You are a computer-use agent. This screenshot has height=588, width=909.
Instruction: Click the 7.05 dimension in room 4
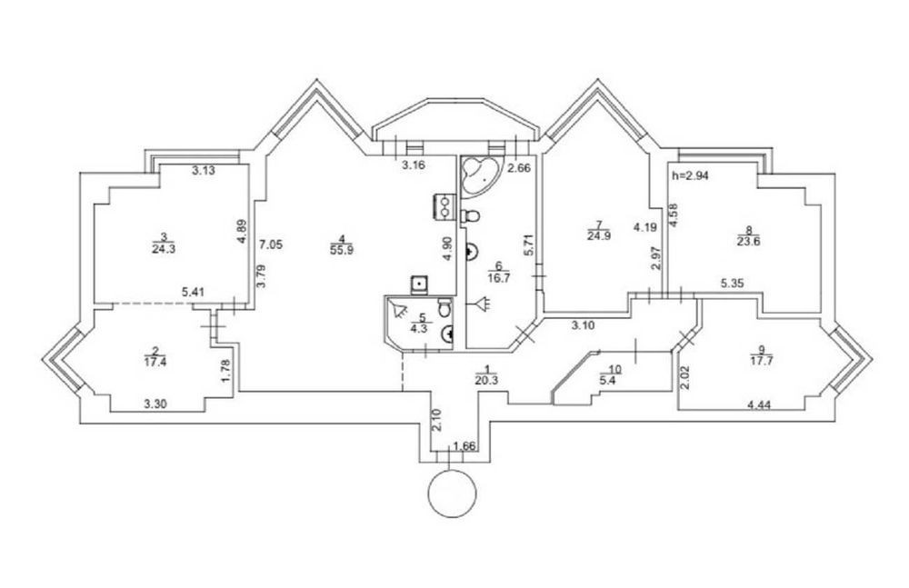pos(271,244)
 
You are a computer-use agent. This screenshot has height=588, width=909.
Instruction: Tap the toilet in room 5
pos(445,307)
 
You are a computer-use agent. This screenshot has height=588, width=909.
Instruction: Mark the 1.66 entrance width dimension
pos(464,446)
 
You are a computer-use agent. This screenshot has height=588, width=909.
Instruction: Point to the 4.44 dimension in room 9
pos(759,405)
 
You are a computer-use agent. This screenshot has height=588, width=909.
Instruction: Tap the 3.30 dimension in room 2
pos(155,404)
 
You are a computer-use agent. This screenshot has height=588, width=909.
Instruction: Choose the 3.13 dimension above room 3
pos(204,171)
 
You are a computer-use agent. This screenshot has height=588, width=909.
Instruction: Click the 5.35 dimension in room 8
pos(733,284)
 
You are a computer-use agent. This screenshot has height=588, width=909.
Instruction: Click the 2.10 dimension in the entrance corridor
pos(438,420)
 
